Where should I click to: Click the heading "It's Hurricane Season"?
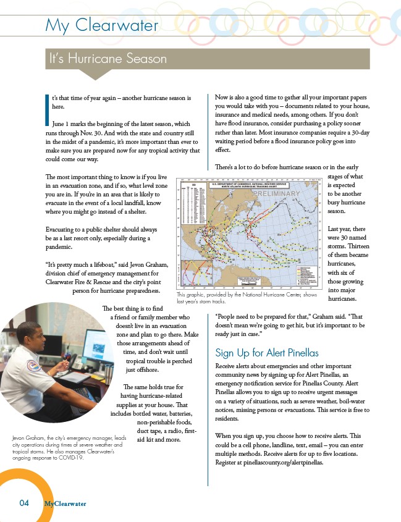coord(109,59)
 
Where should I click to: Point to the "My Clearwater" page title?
coord(102,25)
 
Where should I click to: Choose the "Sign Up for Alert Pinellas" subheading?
coord(266,353)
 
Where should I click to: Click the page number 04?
coord(23,503)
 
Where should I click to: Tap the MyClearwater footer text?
coord(65,503)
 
